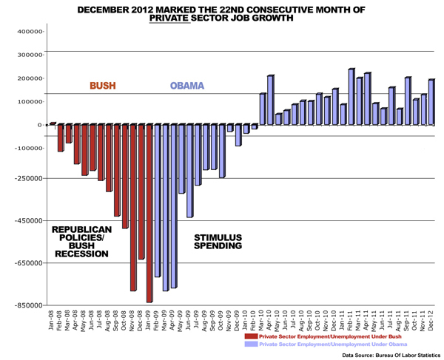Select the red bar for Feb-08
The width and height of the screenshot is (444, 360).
click(61, 137)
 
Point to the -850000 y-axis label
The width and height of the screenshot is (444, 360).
click(29, 305)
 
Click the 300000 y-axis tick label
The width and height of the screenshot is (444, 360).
click(30, 55)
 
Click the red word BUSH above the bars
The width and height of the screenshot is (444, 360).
click(103, 86)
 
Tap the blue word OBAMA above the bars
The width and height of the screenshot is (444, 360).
click(186, 86)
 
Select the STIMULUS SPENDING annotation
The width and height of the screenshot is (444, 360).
click(218, 241)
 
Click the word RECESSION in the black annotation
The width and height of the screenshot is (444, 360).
click(82, 254)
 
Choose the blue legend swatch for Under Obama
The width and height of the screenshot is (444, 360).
click(251, 344)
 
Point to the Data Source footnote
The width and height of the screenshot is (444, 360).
click(391, 356)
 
